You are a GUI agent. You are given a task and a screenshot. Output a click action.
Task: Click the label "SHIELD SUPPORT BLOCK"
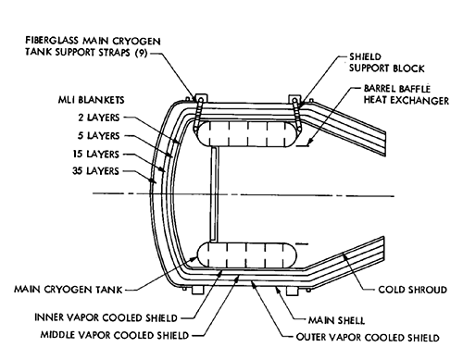(x=387, y=63)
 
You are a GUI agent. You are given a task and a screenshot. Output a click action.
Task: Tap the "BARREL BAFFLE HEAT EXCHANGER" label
(x=407, y=94)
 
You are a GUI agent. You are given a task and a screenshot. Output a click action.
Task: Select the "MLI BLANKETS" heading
(x=92, y=100)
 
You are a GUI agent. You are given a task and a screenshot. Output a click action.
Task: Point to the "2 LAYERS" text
(x=98, y=118)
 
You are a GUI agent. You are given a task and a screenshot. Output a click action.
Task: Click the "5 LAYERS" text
(x=98, y=135)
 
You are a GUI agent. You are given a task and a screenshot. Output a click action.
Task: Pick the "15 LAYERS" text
(x=96, y=154)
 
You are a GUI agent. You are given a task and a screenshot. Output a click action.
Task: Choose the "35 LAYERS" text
(x=95, y=170)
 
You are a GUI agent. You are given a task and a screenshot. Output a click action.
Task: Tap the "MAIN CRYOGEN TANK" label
(x=69, y=290)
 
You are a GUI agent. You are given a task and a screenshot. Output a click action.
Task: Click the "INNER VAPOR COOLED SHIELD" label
(x=106, y=317)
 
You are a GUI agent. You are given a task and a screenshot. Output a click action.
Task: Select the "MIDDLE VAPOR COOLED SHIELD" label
(x=115, y=335)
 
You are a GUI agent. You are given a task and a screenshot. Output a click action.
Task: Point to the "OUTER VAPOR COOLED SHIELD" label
(x=368, y=337)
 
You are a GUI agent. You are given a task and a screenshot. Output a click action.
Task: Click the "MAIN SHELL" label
(x=336, y=320)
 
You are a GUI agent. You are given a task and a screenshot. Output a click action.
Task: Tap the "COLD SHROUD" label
(x=413, y=290)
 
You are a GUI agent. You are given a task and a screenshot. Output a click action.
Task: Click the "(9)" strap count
(x=142, y=53)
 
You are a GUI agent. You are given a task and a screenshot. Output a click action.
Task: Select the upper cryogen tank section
(x=246, y=133)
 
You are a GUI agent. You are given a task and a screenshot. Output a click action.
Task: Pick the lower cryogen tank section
(x=246, y=254)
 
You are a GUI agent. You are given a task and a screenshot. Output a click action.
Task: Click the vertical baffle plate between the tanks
(x=214, y=194)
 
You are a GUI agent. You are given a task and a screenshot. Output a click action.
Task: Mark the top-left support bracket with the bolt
(x=201, y=98)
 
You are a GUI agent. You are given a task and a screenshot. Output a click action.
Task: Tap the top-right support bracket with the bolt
(x=294, y=99)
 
